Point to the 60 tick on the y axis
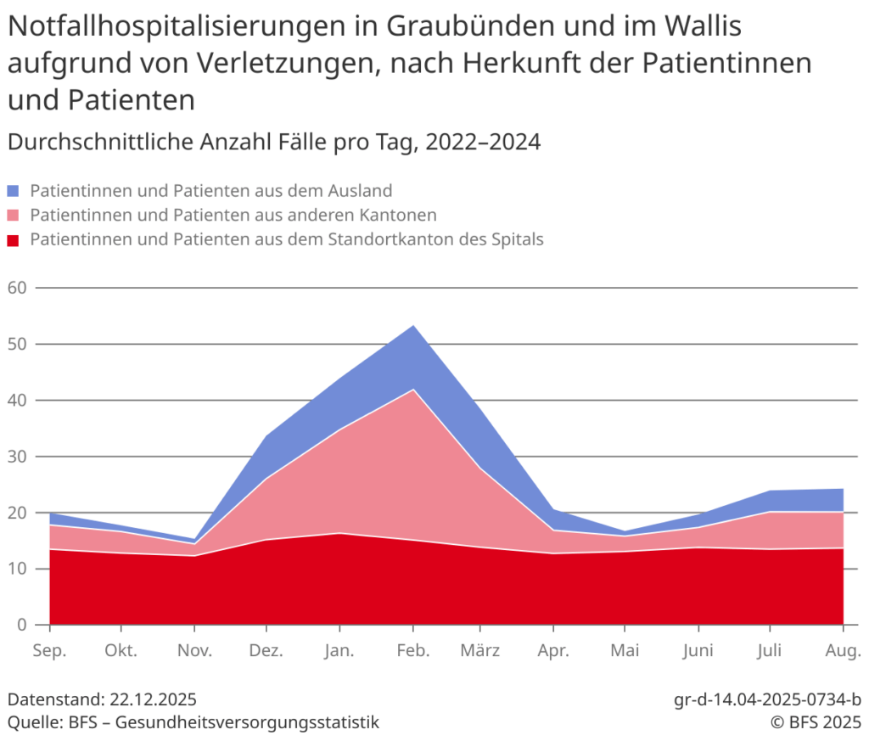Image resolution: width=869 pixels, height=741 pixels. tap(17, 288)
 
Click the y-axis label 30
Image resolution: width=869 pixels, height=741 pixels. tap(17, 457)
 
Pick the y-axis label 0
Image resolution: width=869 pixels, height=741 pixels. tap(21, 625)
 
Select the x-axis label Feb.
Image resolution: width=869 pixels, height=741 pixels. tap(412, 651)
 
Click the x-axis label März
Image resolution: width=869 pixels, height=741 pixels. tap(480, 651)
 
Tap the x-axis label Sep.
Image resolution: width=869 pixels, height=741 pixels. tap(49, 651)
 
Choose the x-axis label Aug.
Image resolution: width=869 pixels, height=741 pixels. tap(843, 651)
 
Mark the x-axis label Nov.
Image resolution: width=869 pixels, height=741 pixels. tap(195, 651)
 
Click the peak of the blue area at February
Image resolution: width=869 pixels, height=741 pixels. tap(413, 326)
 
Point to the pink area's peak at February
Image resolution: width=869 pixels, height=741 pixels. tap(413, 390)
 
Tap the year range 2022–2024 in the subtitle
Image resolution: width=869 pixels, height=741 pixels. tap(483, 142)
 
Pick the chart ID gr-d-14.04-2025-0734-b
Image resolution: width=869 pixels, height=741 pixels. tap(767, 700)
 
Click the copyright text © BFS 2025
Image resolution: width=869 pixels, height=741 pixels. tap(815, 722)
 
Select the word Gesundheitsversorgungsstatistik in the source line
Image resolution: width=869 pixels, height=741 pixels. tap(247, 722)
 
